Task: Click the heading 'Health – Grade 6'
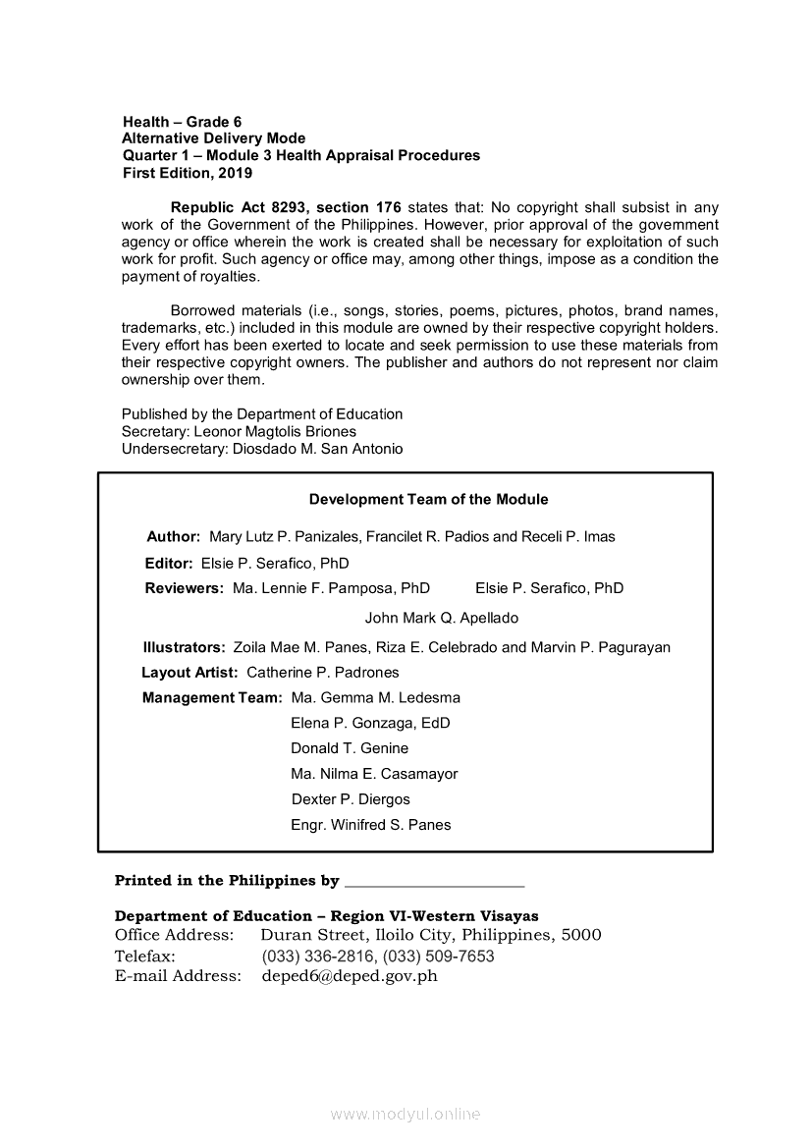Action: point(182,122)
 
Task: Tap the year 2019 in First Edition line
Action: point(236,173)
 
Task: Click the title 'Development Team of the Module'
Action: point(428,499)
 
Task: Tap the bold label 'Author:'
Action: point(174,537)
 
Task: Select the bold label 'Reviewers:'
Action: point(184,588)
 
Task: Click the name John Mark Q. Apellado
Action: point(441,618)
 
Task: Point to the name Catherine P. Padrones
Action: point(322,673)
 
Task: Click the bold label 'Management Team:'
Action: point(212,698)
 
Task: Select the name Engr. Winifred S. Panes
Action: point(370,825)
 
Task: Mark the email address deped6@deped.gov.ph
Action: point(350,976)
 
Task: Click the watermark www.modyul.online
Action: point(406,1114)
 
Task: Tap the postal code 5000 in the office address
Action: point(580,935)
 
